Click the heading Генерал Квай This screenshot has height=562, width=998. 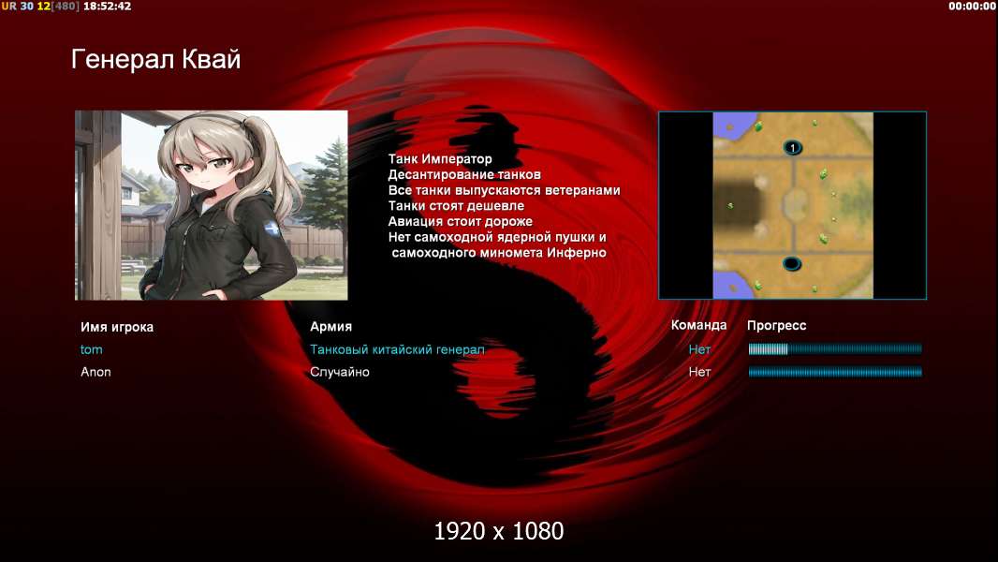156,59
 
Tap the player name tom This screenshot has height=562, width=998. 91,349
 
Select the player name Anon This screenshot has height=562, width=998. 95,372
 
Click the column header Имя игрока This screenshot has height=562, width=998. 116,327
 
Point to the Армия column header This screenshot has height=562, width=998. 331,327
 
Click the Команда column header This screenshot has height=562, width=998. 698,325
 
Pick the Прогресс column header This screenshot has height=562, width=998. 776,326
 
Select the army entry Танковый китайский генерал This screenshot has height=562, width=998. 397,349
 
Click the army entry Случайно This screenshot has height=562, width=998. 339,372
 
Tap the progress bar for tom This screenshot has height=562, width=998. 835,348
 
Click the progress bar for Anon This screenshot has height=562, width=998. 835,372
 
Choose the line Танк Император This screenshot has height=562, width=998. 440,159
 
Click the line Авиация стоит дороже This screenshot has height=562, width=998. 461,221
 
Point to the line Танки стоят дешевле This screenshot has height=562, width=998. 456,205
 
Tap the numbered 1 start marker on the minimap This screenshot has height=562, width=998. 792,148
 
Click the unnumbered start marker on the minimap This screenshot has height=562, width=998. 792,263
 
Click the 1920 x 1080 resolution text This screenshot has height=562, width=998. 499,531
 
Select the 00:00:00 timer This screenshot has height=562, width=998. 971,7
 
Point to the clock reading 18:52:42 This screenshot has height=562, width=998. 107,7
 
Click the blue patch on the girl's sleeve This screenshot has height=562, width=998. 272,228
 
